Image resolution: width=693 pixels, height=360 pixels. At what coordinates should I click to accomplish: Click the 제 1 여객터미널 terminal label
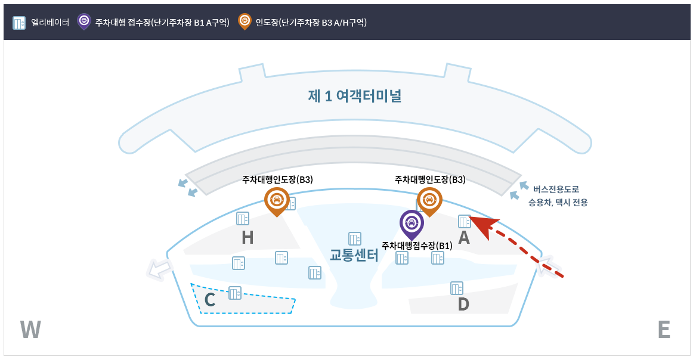point(354,96)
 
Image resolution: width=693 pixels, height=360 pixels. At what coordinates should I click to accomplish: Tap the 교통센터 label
point(354,255)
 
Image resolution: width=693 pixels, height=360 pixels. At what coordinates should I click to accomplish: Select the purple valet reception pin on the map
point(411,224)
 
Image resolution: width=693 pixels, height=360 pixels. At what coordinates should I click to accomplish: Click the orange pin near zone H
point(277,200)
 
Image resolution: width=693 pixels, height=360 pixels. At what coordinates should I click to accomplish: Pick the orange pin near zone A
point(429,200)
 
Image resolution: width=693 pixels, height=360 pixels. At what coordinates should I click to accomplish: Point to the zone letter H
point(247,238)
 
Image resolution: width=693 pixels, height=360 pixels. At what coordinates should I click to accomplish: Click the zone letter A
point(463,238)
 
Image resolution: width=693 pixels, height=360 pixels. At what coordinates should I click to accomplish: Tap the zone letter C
point(209,300)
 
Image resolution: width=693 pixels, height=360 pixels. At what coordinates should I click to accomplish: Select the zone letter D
point(463,305)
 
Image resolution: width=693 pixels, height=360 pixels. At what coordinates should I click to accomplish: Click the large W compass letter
point(30,330)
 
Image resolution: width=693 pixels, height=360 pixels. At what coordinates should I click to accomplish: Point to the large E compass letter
point(663,330)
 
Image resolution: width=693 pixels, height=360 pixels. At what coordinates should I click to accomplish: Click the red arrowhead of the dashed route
point(483,225)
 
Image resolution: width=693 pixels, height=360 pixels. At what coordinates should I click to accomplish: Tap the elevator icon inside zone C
point(235,293)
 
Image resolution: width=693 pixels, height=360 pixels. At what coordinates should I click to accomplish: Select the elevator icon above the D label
point(457,288)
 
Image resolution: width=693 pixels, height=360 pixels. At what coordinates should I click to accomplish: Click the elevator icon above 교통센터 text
point(355,238)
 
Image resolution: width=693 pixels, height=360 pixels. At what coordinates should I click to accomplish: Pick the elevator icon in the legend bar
point(19,23)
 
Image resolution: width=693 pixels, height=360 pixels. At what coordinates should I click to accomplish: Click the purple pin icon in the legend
point(84,21)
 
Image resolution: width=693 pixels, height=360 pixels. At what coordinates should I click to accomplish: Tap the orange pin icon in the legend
point(245,21)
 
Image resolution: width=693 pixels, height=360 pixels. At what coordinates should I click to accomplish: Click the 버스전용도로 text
point(556,190)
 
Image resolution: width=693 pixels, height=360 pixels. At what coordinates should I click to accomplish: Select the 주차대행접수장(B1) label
point(417,246)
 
